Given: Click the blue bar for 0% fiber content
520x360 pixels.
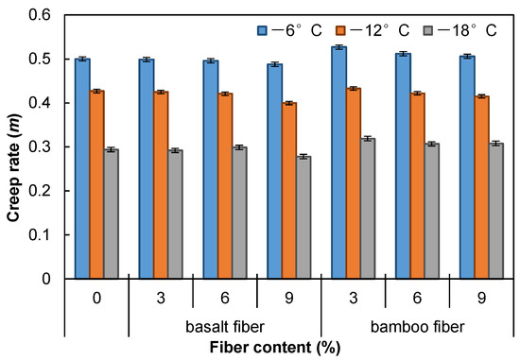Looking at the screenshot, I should (x=82, y=169).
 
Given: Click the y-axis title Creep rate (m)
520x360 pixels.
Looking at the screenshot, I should (x=13, y=146).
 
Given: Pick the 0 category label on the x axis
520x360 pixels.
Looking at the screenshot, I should (x=96, y=298).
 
